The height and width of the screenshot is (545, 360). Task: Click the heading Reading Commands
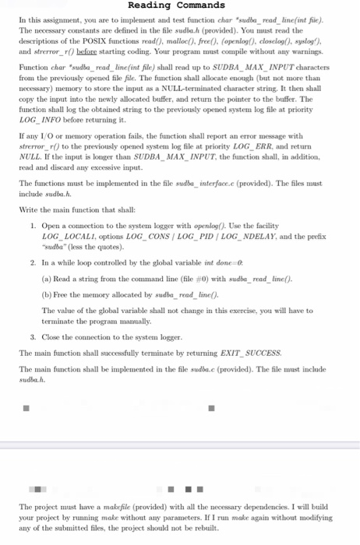(x=180, y=6)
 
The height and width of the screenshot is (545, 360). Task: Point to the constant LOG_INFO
(x=37, y=121)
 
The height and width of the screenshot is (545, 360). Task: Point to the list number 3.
(x=33, y=337)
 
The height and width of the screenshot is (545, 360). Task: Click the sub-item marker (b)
(x=46, y=295)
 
